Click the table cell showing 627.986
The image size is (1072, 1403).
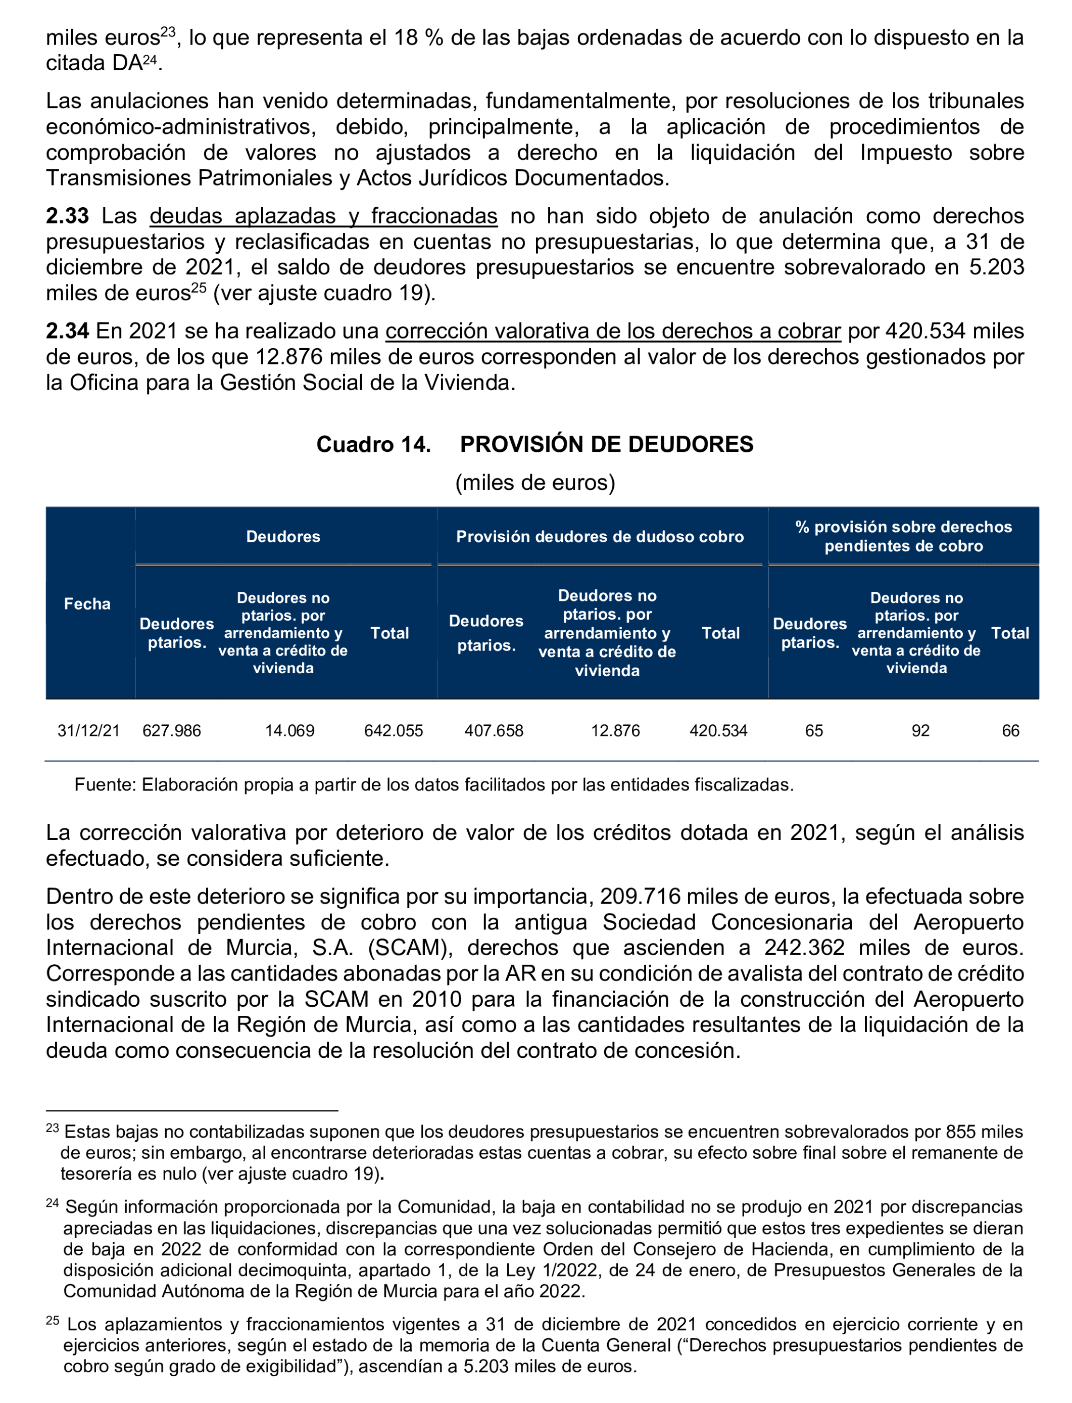pyautogui.click(x=171, y=730)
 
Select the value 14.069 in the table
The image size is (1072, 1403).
pyautogui.click(x=289, y=730)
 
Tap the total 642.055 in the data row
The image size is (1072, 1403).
pyautogui.click(x=393, y=730)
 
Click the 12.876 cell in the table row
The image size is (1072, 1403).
pyautogui.click(x=615, y=730)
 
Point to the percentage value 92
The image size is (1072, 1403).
pyautogui.click(x=920, y=730)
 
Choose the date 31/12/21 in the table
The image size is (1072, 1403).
pyautogui.click(x=89, y=730)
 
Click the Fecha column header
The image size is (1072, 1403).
pyautogui.click(x=87, y=603)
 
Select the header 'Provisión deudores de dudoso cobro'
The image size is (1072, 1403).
pyautogui.click(x=599, y=536)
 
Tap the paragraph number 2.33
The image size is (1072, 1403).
pyautogui.click(x=67, y=216)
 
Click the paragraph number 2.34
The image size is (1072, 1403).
pyautogui.click(x=67, y=331)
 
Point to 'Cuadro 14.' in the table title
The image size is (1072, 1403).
pyautogui.click(x=373, y=444)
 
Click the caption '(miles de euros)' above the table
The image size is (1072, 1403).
pyautogui.click(x=534, y=483)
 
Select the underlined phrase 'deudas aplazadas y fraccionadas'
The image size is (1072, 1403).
pyautogui.click(x=323, y=216)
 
